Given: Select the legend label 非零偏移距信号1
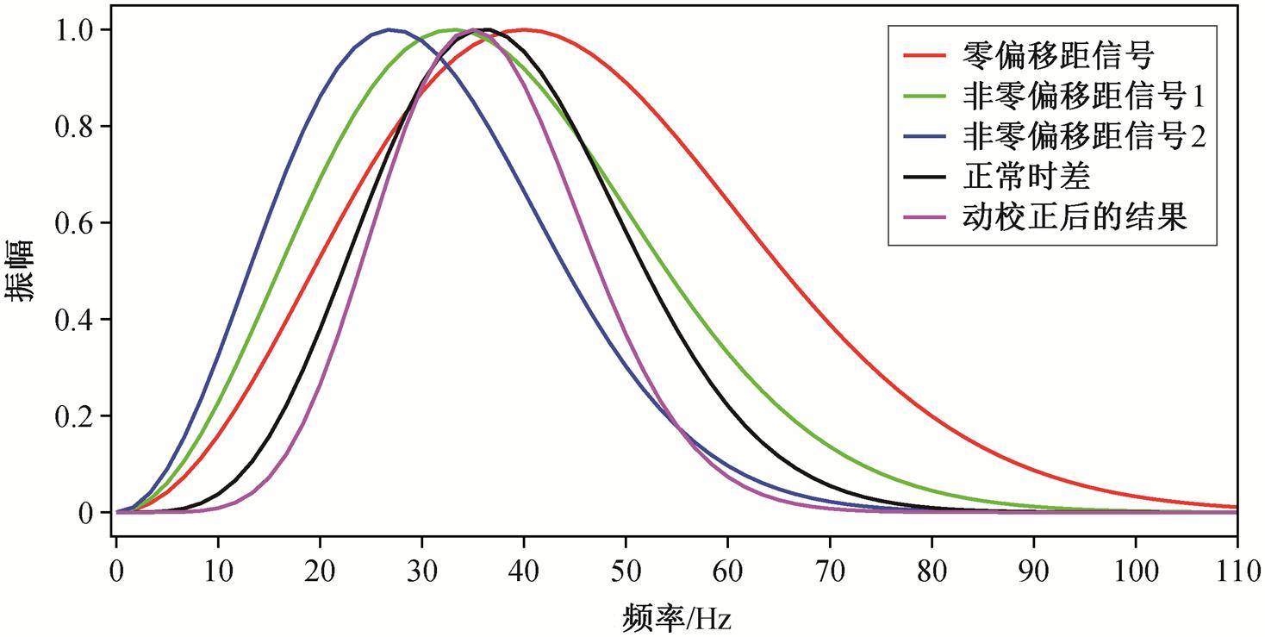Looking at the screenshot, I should click(1082, 97).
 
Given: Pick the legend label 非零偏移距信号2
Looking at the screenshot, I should click(1082, 137).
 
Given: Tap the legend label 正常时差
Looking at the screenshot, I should click(1025, 177).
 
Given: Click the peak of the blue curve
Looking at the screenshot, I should click(389, 29).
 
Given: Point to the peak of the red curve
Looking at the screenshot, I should click(524, 29).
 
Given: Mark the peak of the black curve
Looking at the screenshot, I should click(487, 29).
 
